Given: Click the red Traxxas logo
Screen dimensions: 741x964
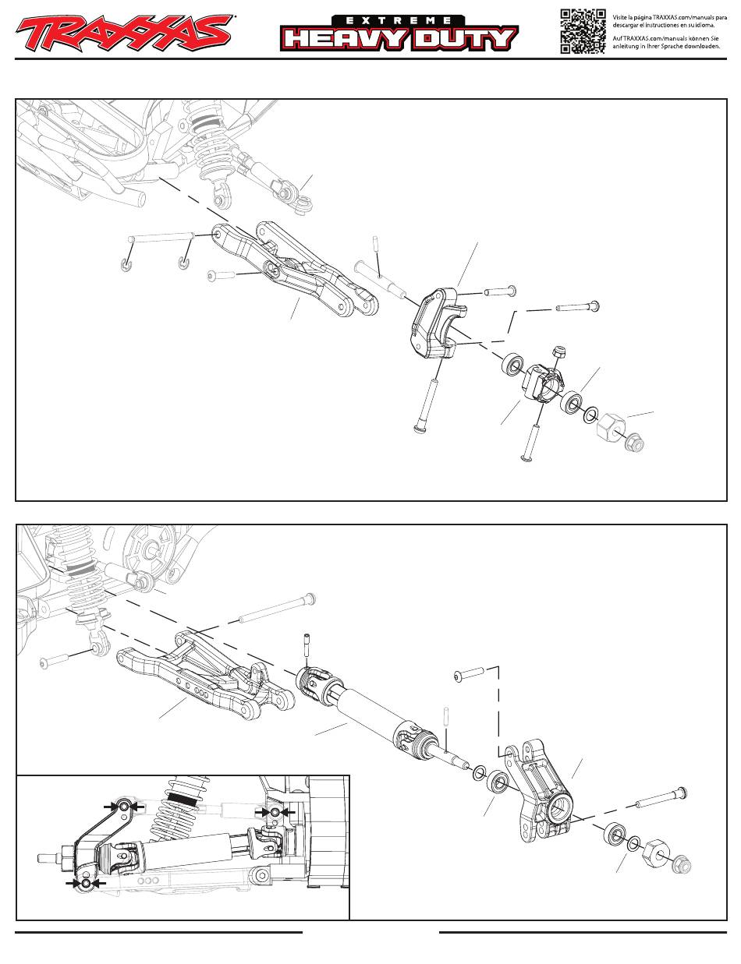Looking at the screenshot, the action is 124,33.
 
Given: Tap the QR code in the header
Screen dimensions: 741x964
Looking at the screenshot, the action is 583,31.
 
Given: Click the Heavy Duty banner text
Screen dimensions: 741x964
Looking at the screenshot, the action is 399,39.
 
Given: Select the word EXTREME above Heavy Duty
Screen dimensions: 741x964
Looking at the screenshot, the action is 399,20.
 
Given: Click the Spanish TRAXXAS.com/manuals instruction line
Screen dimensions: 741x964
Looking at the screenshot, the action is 669,21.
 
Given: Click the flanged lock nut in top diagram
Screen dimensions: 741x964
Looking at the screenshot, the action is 634,443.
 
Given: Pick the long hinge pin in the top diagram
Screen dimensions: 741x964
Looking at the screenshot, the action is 161,238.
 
